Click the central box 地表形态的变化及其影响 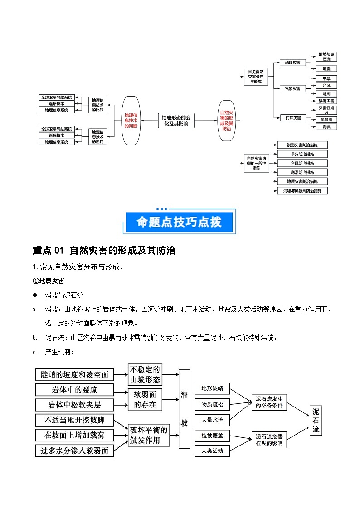176,120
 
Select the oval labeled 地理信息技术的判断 131,121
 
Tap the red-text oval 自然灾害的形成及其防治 227,121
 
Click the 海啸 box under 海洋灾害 326,127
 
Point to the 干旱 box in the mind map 326,78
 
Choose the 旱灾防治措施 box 302,154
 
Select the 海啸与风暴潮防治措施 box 302,191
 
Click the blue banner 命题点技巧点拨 180,223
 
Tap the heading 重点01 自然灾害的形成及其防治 104,250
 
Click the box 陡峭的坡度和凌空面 74,374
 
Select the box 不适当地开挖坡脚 74,420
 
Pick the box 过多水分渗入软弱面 74,451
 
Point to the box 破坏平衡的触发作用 149,435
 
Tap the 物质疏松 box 212,404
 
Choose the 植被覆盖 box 212,436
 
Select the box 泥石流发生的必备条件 269,402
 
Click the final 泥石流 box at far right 316,420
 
